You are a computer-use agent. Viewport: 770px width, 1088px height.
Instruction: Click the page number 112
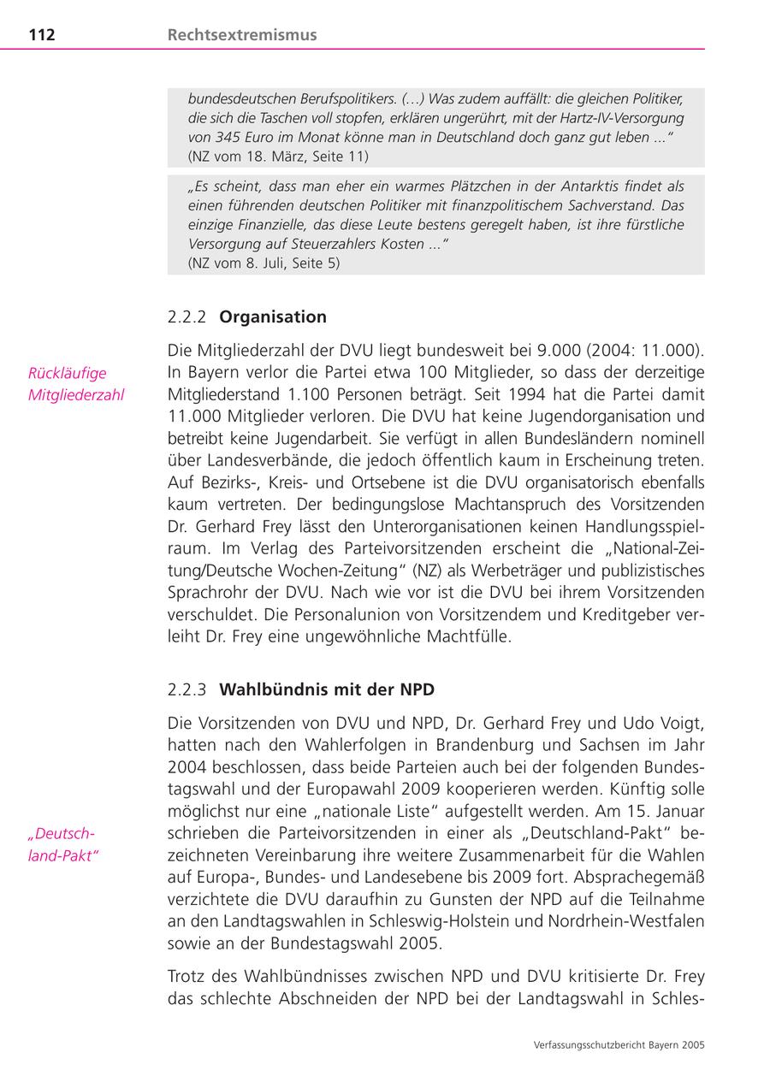point(42,35)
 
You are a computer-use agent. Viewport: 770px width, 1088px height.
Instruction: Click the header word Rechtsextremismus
point(242,35)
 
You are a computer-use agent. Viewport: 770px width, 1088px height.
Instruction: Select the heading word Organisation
point(273,316)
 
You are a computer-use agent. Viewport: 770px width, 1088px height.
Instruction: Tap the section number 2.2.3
point(187,689)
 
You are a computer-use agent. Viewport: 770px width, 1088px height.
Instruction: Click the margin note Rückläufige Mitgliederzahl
point(76,384)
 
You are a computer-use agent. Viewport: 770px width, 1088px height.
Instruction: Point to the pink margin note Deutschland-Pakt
point(63,844)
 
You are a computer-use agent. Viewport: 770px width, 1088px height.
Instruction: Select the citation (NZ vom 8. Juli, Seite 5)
point(264,263)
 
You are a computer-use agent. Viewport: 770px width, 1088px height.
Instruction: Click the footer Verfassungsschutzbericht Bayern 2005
point(619,1044)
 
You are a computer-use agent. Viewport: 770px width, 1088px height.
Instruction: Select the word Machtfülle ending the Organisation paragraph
point(469,636)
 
